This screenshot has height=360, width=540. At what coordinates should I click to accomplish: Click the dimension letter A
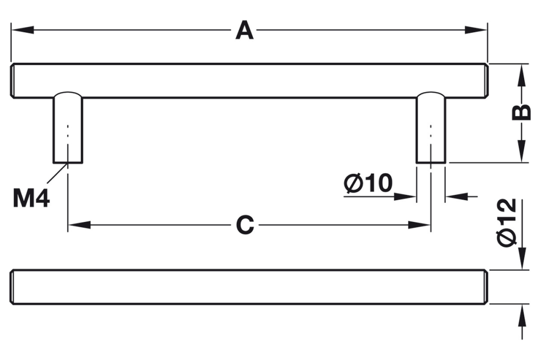click(245, 31)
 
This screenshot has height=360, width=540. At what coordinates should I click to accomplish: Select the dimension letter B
click(522, 112)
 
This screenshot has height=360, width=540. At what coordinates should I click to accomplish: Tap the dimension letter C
click(245, 225)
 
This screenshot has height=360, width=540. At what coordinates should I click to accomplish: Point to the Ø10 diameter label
click(368, 184)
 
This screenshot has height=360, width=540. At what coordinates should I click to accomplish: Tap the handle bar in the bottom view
click(248, 287)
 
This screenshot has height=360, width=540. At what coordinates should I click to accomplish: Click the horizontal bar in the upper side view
click(248, 81)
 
